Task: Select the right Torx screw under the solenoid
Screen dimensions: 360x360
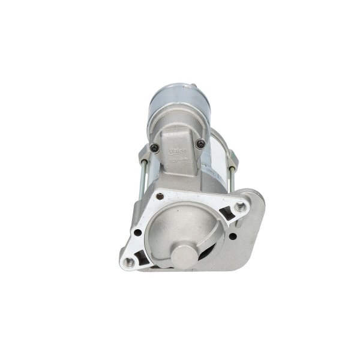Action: tap(202, 144)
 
